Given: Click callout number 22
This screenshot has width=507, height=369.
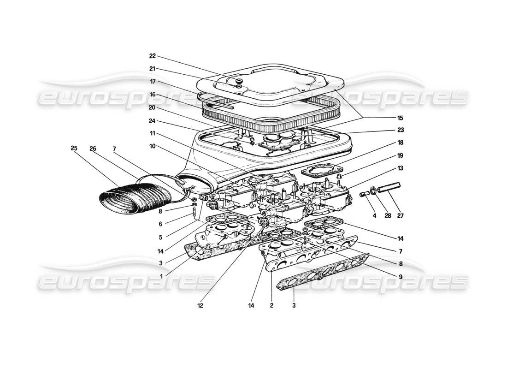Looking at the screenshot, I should [153, 56].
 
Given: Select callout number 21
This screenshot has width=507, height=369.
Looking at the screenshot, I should [153, 69].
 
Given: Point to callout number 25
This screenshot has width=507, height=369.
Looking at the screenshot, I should [74, 149].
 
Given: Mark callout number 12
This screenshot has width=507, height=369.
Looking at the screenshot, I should [200, 305].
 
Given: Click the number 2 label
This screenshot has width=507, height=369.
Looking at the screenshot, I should [271, 305].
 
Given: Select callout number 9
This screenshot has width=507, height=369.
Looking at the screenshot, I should [401, 276].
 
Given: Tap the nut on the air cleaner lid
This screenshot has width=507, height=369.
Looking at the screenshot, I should [239, 82].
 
